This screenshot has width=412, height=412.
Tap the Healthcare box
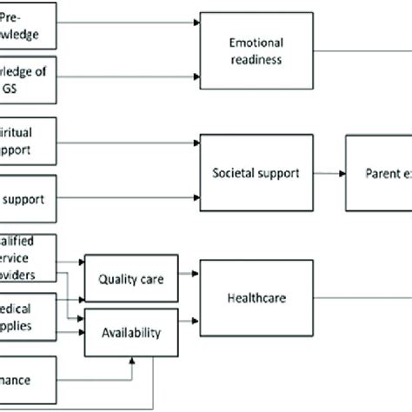[x=255, y=297]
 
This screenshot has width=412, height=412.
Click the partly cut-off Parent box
[x=379, y=173]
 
